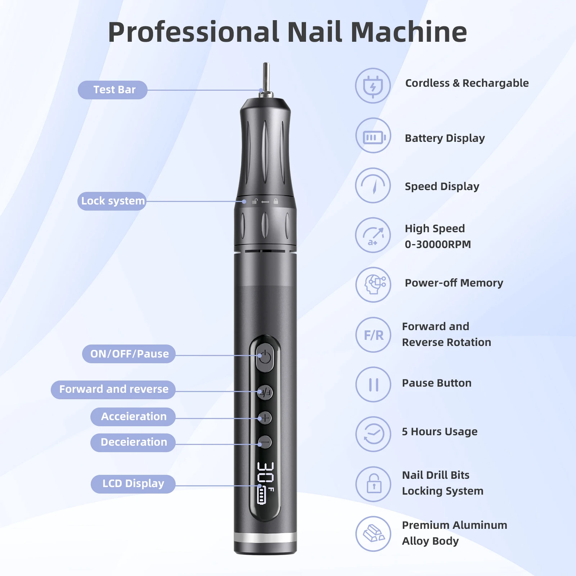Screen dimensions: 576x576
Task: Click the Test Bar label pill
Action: [113, 90]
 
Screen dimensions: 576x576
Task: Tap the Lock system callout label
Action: [112, 201]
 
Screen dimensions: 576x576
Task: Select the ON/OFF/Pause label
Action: [129, 354]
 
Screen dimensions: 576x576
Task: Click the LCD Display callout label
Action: [133, 483]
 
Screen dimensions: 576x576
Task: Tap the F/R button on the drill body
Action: [265, 392]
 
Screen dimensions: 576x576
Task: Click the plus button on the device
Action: [265, 418]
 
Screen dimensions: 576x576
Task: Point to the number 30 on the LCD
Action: [266, 472]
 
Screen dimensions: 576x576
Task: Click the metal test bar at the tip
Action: [266, 77]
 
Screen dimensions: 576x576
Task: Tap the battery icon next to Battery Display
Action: [373, 137]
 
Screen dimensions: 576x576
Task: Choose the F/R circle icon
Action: [373, 335]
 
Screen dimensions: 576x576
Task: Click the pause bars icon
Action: [373, 384]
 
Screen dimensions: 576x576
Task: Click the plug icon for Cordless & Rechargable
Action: [373, 86]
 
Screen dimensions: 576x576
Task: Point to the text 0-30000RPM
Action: [438, 244]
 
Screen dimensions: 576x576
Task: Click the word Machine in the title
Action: [409, 32]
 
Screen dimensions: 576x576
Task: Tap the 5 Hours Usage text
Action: [440, 431]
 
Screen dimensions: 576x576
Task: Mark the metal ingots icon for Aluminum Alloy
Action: [373, 534]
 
